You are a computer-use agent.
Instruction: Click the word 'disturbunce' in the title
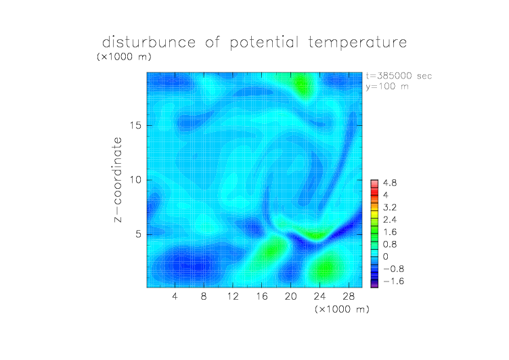coord(149,43)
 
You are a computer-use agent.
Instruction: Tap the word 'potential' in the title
coord(264,43)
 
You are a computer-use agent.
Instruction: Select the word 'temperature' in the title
coord(357,43)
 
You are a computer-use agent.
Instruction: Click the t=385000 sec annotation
coord(399,76)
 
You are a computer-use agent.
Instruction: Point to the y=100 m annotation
coord(387,87)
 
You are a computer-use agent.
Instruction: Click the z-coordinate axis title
coord(118,179)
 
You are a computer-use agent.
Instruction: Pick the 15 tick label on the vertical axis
coord(135,125)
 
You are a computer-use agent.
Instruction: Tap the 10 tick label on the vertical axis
coord(135,180)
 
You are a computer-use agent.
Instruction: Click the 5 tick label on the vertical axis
coord(139,234)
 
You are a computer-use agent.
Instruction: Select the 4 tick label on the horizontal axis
coord(175,296)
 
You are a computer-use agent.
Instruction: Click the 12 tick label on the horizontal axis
coord(233,296)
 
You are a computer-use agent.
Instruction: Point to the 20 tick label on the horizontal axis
coord(291,296)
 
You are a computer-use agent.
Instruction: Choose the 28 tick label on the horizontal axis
coord(349,296)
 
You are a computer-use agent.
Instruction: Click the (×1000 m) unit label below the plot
coord(342,309)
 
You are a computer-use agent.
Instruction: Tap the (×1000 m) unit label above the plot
coord(124,57)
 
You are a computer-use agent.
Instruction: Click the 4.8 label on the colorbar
coord(390,183)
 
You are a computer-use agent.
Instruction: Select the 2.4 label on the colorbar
coord(390,220)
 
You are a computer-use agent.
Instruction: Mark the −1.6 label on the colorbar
coord(393,281)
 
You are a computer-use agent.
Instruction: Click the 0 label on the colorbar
coord(385,256)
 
